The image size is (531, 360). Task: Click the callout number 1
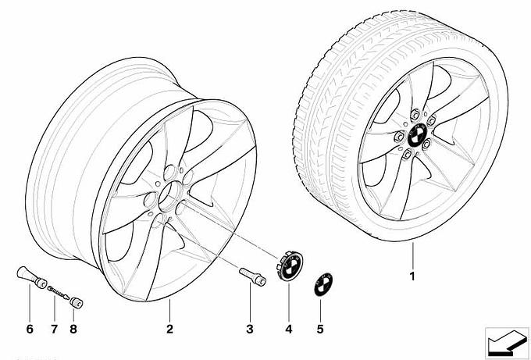tap(412, 276)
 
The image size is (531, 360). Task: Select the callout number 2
tap(169, 329)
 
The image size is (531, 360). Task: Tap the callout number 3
tap(250, 329)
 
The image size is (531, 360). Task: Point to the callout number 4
tap(288, 329)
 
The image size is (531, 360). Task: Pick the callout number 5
tap(320, 329)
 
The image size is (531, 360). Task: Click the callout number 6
tap(30, 329)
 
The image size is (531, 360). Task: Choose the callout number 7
tap(55, 329)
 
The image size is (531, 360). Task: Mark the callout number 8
tap(73, 329)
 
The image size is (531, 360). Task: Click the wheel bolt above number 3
tap(253, 276)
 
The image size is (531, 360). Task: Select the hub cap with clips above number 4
tap(290, 265)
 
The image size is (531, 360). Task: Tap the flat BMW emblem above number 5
tap(323, 283)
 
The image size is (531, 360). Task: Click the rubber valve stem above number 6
tap(31, 276)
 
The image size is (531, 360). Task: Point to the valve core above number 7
tap(59, 293)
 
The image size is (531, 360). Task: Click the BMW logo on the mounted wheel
tap(415, 135)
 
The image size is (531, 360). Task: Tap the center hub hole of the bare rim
tap(169, 197)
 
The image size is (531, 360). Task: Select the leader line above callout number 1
tap(413, 255)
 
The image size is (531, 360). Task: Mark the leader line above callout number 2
tap(169, 310)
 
